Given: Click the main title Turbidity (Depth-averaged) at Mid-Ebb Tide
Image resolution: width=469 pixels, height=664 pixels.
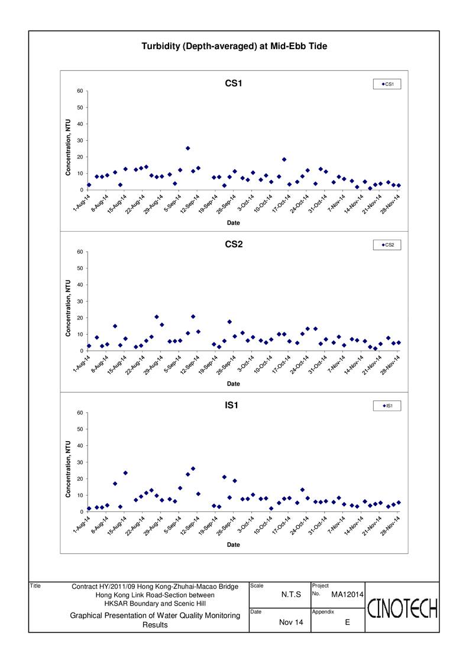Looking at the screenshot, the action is click(x=234, y=46).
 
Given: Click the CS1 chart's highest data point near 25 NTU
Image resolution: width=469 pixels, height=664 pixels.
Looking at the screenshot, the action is click(x=187, y=148).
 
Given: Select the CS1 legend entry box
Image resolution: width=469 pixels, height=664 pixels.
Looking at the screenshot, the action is click(x=387, y=85).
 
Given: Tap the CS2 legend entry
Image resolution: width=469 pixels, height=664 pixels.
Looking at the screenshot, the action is click(x=387, y=245).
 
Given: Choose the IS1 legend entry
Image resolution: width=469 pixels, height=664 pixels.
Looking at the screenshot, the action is click(x=387, y=406).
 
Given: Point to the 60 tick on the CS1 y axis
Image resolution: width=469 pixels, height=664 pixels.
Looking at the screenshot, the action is click(x=80, y=91).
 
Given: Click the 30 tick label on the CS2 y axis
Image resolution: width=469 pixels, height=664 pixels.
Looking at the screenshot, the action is click(x=80, y=302).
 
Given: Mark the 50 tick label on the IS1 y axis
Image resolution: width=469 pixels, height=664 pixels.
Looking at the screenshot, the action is click(x=80, y=429).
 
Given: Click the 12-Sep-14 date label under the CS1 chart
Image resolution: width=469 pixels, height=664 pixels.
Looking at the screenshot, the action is click(x=190, y=203).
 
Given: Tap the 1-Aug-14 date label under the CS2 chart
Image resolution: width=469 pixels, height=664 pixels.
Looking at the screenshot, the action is click(x=82, y=363).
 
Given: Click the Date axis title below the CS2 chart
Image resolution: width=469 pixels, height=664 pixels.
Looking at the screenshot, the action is click(x=234, y=384).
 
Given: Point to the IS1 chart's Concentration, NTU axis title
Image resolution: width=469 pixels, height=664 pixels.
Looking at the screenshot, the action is click(x=68, y=469).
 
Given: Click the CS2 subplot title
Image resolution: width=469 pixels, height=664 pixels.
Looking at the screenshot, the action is click(x=234, y=244).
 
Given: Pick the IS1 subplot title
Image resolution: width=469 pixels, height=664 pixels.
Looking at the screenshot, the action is click(x=231, y=405).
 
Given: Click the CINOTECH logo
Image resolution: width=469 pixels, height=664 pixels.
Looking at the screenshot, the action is click(x=402, y=608).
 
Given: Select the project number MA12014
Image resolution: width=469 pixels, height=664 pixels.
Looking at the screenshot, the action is click(x=347, y=595).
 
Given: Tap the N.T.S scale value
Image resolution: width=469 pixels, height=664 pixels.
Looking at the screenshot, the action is click(x=291, y=595).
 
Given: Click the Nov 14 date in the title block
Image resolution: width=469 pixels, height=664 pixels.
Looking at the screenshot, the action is click(x=291, y=622).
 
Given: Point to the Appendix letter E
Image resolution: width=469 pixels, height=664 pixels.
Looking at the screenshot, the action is click(x=347, y=622).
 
